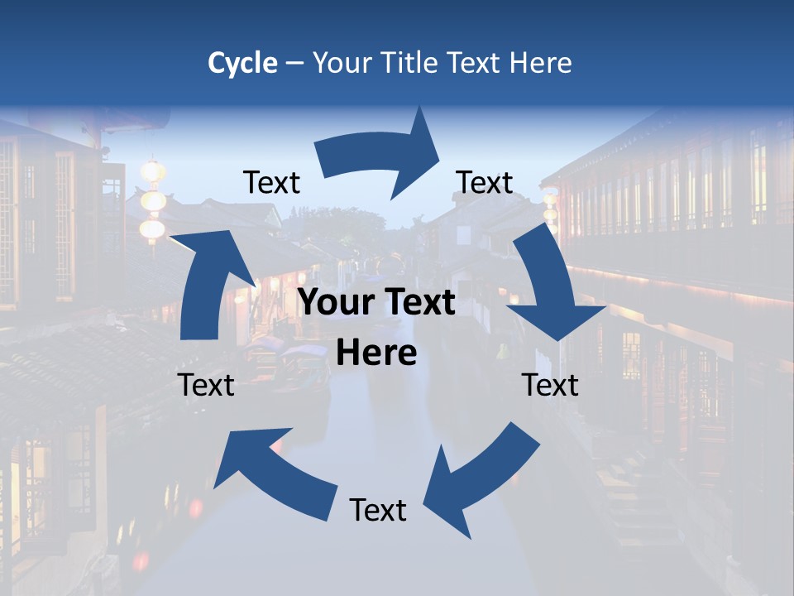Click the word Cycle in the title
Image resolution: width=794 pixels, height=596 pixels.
[x=242, y=63]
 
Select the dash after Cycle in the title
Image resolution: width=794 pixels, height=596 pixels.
[x=294, y=64]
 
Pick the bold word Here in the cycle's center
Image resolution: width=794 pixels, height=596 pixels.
[x=376, y=353]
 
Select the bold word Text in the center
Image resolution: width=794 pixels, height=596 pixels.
[x=419, y=303]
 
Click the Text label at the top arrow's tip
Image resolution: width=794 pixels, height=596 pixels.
[x=485, y=182]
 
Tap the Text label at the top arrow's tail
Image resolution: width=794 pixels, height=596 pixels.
[x=271, y=182]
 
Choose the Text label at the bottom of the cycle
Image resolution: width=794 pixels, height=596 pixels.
[x=378, y=510]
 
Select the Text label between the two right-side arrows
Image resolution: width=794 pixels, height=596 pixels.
[x=550, y=385]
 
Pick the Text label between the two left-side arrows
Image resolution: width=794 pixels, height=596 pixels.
[x=206, y=385]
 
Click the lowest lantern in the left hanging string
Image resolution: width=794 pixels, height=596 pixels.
[x=152, y=229]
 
